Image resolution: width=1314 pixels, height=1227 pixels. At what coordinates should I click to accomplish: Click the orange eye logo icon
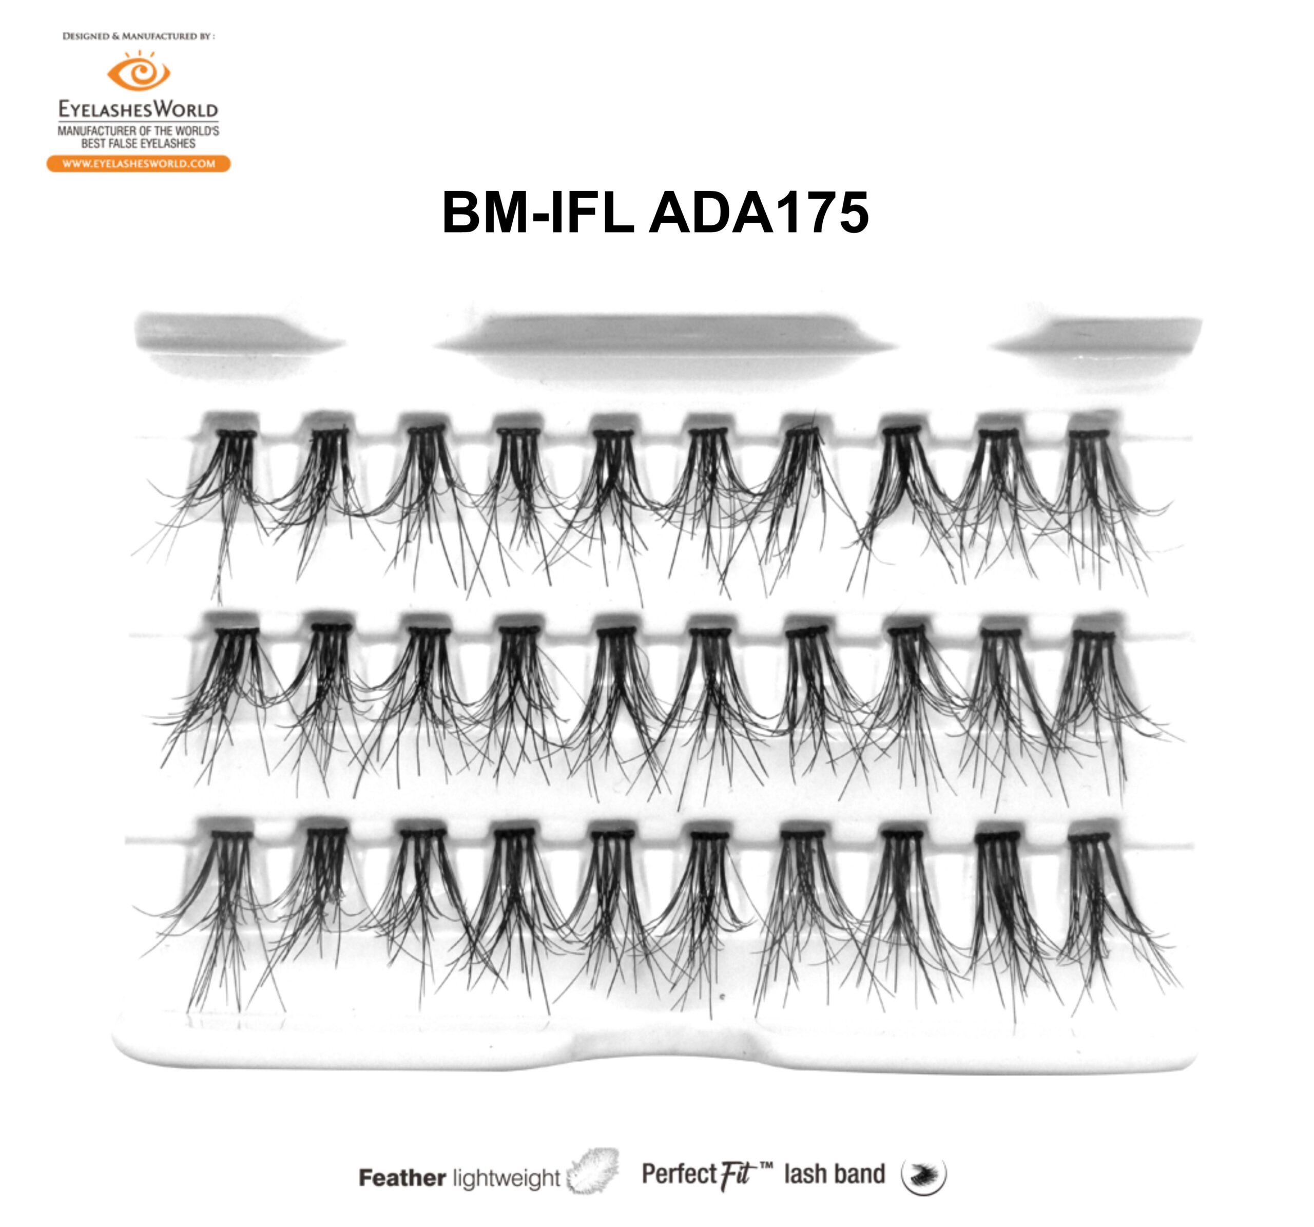click(138, 72)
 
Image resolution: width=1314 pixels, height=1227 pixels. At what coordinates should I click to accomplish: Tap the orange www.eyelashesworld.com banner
click(138, 163)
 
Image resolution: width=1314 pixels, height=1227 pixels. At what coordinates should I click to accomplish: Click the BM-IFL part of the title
click(538, 213)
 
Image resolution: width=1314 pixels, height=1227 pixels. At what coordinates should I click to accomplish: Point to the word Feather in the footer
click(402, 1177)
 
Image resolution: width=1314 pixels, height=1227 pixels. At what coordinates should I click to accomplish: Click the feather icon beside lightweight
click(593, 1172)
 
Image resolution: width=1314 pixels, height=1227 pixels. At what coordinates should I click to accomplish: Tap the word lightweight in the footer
click(506, 1178)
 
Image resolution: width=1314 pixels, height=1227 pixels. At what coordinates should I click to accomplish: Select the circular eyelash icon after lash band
click(923, 1175)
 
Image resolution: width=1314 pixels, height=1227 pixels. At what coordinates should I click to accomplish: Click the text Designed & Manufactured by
click(138, 36)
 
